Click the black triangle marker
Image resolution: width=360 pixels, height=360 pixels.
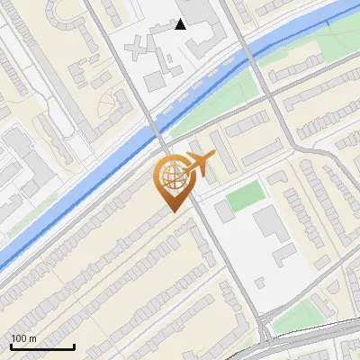(181, 24)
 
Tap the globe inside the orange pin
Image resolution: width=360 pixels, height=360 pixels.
(171, 177)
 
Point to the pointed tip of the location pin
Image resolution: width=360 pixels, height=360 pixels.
(171, 212)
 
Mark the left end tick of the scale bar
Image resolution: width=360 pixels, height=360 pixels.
(10, 346)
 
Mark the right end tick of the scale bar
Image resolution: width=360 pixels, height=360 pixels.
(74, 346)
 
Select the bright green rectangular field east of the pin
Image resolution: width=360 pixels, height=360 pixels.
(245, 197)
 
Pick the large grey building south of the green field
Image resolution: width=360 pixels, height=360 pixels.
(270, 225)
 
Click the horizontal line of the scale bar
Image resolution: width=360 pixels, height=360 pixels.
(41, 347)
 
